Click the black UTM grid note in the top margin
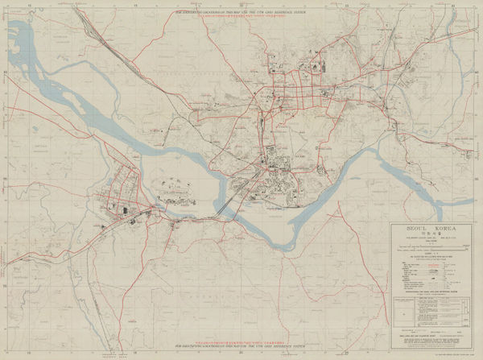[242, 12]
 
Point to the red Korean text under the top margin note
[242, 17]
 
